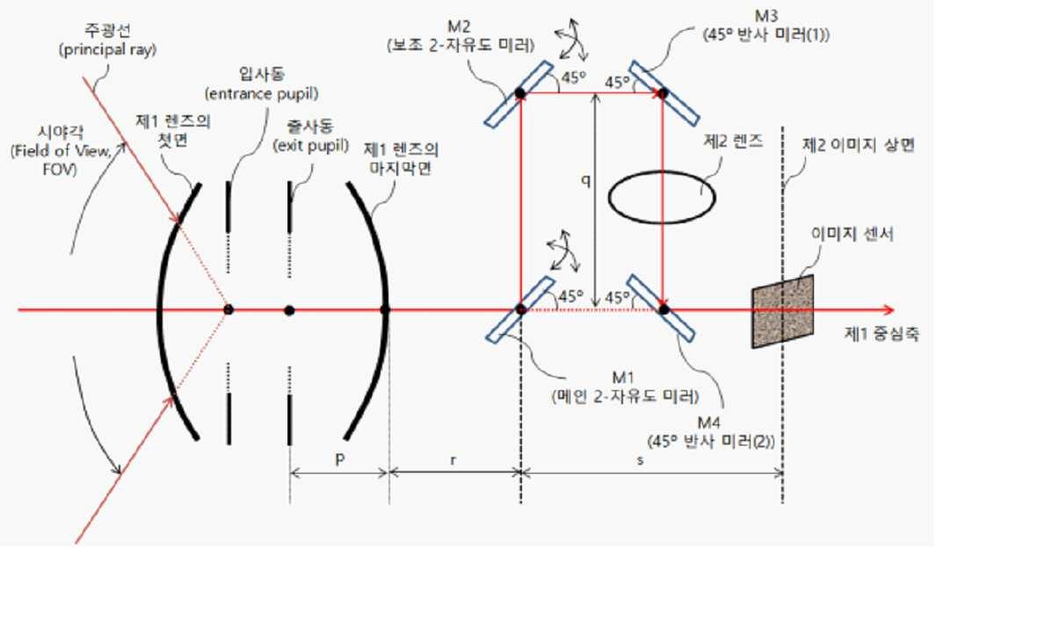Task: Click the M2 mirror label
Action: click(x=459, y=25)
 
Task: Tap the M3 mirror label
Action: click(x=766, y=16)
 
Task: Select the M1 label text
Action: click(x=623, y=377)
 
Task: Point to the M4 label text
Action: click(x=709, y=422)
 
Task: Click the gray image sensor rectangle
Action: click(x=783, y=311)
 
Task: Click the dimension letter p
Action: click(x=339, y=460)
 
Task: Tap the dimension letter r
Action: click(x=453, y=460)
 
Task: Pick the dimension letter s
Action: click(x=640, y=460)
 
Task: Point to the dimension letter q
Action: click(x=586, y=180)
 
